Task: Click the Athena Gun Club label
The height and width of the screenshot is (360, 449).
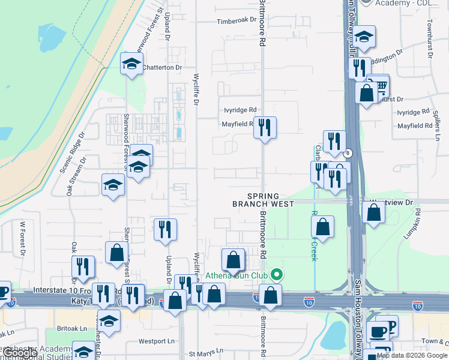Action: coord(237,276)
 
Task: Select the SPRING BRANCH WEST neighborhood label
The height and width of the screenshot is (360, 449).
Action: coord(264,200)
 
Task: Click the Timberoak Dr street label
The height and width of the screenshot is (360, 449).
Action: coord(237,21)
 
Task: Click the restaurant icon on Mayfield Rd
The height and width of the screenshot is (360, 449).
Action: coord(264,127)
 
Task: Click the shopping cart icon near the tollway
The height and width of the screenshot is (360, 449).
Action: coord(379,84)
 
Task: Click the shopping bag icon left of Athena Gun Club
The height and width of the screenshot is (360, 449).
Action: coord(233,260)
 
